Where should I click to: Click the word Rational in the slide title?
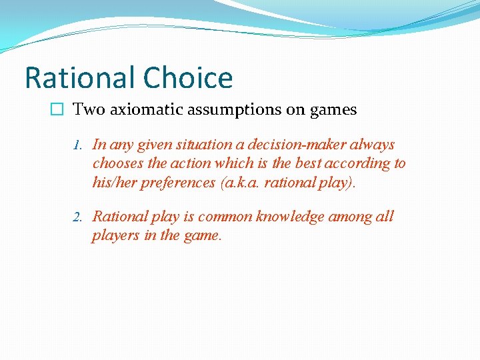click(78, 78)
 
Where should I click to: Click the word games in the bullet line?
click(333, 109)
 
